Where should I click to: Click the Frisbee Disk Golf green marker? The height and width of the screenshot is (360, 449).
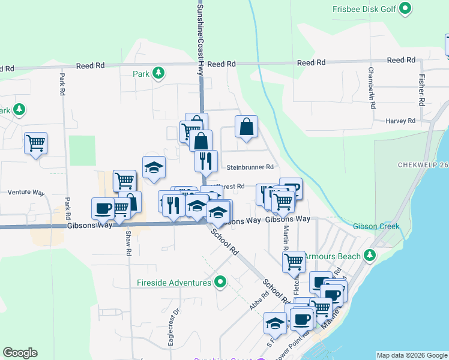pos(405,8)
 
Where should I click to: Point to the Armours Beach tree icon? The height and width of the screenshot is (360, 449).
pos(370,256)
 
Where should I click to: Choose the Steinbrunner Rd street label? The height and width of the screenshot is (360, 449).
pos(250,167)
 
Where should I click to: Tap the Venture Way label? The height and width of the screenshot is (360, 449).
pos(26,193)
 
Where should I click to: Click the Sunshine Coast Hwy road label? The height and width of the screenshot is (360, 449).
pos(200,36)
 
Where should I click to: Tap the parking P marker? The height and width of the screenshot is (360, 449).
pos(291,189)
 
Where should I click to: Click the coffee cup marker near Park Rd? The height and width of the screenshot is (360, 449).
pos(103,208)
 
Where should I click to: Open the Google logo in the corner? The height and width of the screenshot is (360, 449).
pos(20,353)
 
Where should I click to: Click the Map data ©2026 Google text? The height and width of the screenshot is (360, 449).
pos(411,355)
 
